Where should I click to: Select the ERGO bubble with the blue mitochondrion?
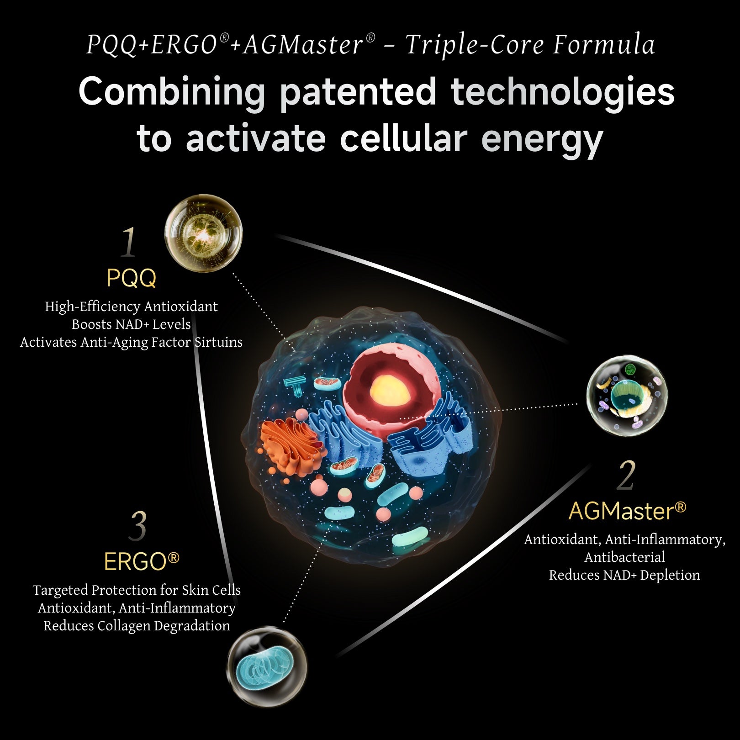[x=267, y=666]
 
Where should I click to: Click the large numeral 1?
[x=128, y=242]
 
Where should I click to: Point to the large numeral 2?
[x=626, y=476]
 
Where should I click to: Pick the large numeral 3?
[x=138, y=526]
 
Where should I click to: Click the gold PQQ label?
[x=132, y=278]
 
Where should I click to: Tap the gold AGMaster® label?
[x=627, y=511]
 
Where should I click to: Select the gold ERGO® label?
[x=142, y=561]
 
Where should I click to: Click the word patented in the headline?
[x=358, y=92]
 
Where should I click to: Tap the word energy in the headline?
[x=542, y=140]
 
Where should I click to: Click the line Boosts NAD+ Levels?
[x=131, y=324]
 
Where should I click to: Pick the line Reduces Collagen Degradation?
[x=137, y=626]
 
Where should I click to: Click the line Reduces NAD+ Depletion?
[x=624, y=575]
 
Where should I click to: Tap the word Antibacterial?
[x=624, y=557]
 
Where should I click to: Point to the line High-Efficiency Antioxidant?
[x=131, y=307]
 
